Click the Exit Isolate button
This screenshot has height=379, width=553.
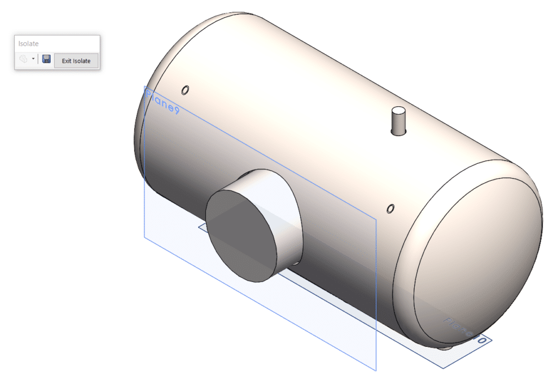pos(76,60)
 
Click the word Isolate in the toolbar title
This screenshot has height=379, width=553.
pos(28,43)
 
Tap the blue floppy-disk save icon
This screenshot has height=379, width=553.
pos(46,59)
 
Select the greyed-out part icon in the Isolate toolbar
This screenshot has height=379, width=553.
pos(23,59)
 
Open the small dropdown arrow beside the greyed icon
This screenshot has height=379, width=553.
pos(33,59)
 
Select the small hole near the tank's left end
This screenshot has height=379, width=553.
pos(185,90)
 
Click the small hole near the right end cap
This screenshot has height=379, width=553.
pos(390,209)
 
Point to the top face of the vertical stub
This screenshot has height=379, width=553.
pos(398,111)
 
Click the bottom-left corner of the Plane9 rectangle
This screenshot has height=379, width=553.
pos(144,237)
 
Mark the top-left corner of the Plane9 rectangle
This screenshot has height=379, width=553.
pos(144,86)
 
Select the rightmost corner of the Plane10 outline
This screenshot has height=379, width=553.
pos(493,340)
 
